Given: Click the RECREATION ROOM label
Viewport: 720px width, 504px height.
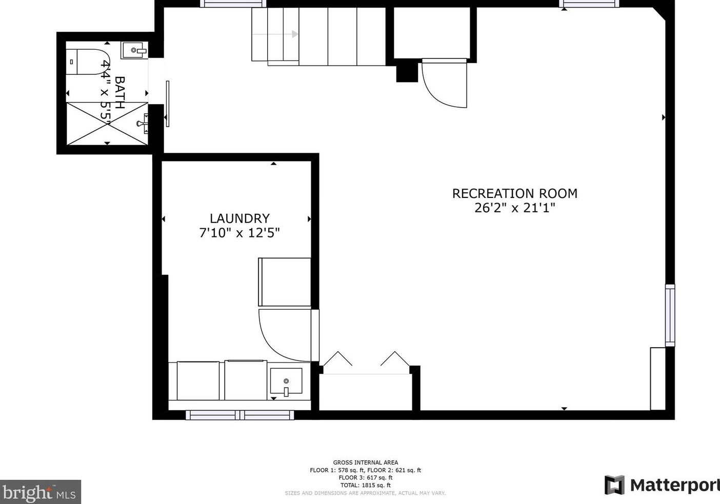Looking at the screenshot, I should (514, 193).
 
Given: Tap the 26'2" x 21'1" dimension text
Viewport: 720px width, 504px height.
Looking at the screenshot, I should (514, 208).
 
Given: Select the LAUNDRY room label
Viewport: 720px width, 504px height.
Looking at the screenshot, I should (239, 218).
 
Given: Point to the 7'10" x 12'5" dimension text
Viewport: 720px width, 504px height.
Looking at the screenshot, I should (239, 233).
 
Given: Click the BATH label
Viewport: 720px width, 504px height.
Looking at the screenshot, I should (119, 93).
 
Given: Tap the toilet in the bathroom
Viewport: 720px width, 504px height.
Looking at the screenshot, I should (87, 62).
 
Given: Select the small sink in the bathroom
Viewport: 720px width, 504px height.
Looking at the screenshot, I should (134, 50).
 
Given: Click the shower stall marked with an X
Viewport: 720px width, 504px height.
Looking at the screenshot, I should (107, 123).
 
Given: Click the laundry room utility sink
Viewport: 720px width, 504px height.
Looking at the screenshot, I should (286, 381).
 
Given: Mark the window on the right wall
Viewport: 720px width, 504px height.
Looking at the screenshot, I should (670, 315).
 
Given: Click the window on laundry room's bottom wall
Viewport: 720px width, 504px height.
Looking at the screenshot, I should (240, 415).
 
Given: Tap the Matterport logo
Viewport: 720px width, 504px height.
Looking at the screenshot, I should (662, 485).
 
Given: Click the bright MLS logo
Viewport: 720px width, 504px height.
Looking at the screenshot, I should (40, 492).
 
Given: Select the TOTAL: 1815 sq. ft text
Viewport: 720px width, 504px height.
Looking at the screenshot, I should (365, 485).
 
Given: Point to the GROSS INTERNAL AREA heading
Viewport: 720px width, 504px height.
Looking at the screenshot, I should (365, 462).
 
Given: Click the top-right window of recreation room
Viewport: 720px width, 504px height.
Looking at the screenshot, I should (589, 4).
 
